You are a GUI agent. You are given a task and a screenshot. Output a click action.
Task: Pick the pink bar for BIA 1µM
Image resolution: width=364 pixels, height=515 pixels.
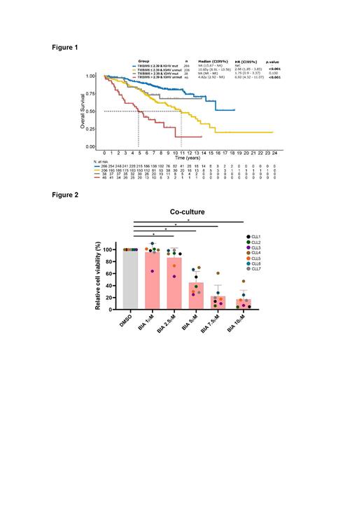152,280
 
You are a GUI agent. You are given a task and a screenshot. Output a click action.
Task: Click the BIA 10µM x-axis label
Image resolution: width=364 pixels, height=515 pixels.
240,324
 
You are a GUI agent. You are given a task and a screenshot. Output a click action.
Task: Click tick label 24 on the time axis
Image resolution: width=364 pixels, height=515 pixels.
274,152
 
